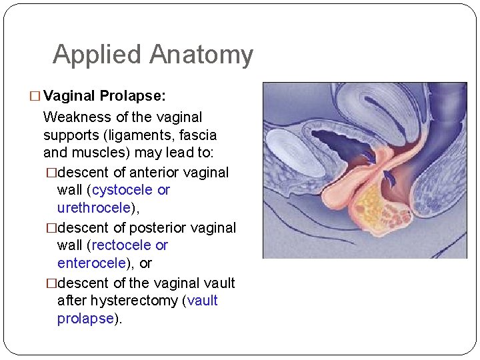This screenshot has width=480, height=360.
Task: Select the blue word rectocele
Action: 123,245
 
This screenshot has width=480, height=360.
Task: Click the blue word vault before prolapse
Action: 203,301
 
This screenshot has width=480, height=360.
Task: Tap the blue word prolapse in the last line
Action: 85,319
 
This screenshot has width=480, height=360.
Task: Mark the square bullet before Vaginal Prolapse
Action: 35,96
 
